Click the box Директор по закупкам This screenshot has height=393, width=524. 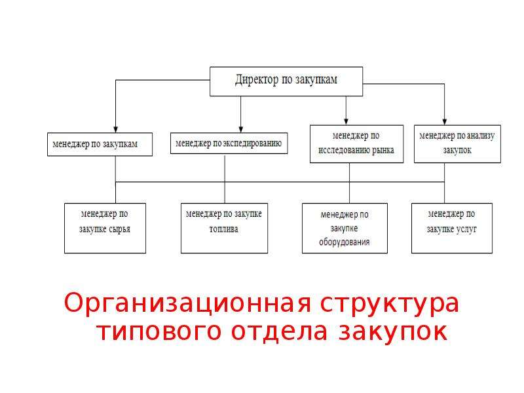[x=286, y=81]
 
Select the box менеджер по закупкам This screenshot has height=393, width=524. [x=100, y=144]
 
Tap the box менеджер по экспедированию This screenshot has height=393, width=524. [x=229, y=143]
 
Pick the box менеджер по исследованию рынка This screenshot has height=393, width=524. [x=356, y=143]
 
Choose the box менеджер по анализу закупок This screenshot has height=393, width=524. [x=457, y=143]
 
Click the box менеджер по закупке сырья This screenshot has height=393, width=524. [x=105, y=228]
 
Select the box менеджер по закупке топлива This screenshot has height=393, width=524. [x=224, y=228]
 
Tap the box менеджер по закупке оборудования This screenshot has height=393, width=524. [x=345, y=228]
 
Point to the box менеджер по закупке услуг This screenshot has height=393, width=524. [x=452, y=228]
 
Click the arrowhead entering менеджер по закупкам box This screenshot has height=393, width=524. [x=116, y=130]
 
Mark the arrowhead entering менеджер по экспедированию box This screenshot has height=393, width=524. [x=240, y=129]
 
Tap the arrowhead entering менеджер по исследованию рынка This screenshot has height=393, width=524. [x=346, y=122]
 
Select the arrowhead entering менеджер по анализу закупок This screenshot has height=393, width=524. [x=444, y=122]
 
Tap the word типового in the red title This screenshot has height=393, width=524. [x=159, y=333]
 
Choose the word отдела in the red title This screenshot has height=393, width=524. [x=279, y=331]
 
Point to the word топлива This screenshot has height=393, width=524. [x=223, y=229]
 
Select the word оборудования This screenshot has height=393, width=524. [x=345, y=242]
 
